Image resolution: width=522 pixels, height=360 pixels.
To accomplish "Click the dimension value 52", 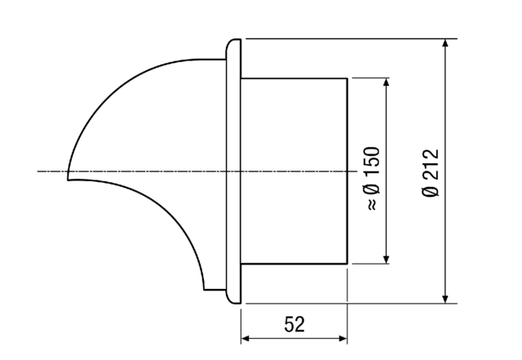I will pos(294,325).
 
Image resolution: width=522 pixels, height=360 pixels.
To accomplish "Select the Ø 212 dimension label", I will pos(432,171).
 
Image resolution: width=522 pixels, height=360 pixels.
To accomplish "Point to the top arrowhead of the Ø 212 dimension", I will pos(445,43).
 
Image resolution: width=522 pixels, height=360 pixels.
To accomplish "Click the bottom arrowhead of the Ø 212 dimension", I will pos(445,298).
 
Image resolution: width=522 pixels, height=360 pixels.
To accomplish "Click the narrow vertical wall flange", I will pos(233,171).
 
